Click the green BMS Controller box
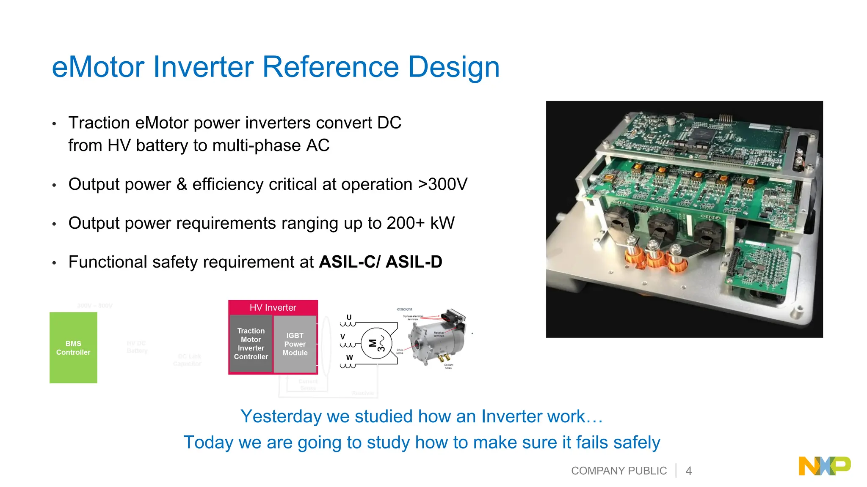(73, 347)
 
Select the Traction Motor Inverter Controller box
(251, 344)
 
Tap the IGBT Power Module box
(295, 344)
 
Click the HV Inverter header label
(273, 307)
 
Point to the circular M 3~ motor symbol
(376, 343)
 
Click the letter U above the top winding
(349, 317)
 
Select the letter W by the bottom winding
(349, 357)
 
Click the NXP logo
(824, 466)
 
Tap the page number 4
(689, 471)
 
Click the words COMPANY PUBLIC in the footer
(618, 471)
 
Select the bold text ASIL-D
(414, 262)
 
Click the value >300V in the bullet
(442, 184)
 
